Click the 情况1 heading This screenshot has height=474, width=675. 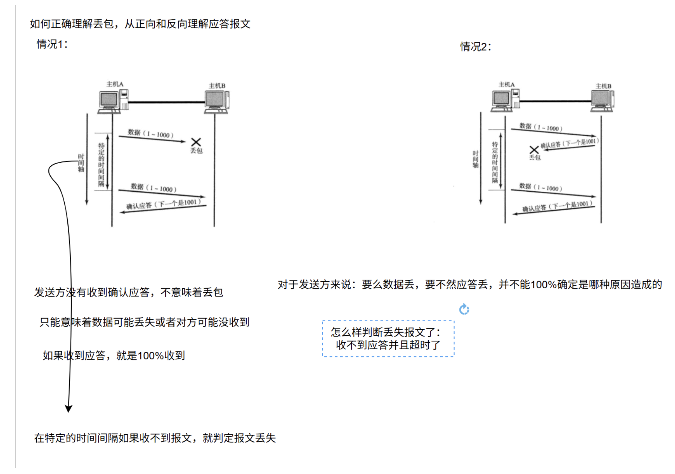coord(52,44)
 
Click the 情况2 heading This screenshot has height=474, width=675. coord(475,47)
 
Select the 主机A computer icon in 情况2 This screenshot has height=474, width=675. coord(505,99)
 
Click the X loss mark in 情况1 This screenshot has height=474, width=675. coord(196,142)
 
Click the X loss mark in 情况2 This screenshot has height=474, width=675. coord(534,149)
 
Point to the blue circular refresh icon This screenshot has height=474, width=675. coord(464,309)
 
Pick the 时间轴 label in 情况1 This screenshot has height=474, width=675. coord(81,163)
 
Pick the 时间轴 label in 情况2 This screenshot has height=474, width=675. coord(475,159)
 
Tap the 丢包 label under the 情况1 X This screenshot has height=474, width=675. coord(196,151)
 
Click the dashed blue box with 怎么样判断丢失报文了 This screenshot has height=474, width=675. coord(388,339)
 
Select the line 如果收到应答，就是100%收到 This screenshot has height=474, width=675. coord(114,356)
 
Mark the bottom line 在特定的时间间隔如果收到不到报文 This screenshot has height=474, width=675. coord(155,438)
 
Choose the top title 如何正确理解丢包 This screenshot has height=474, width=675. coord(140,24)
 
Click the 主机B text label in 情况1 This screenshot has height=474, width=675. coord(217,86)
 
